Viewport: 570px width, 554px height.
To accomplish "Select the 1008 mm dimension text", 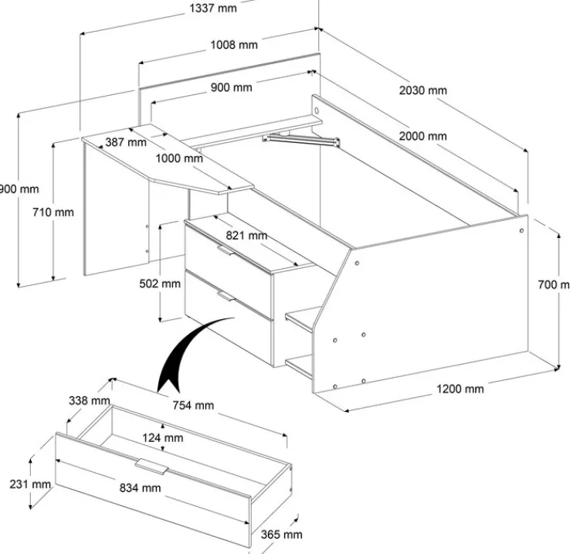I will coord(234,45).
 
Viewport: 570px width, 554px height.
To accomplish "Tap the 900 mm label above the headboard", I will coord(231,87).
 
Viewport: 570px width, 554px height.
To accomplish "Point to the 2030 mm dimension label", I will coord(422,90).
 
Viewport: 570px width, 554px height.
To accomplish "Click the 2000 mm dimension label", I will coord(422,137).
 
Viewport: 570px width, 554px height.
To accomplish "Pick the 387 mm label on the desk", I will coord(125,142).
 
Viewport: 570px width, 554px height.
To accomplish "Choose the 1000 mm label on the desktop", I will coord(178,158).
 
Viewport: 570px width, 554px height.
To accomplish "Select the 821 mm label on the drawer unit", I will coord(246,236).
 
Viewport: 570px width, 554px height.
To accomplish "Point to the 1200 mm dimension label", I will coord(460,389).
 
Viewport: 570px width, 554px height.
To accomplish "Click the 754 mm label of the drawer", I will coord(194,405).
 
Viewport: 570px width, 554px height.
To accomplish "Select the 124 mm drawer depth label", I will coord(163,438).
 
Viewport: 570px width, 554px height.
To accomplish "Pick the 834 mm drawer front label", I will coord(141,488).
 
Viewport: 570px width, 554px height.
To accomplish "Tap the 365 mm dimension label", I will coord(282,534).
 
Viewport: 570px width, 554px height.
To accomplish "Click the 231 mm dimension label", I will coord(32,484).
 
